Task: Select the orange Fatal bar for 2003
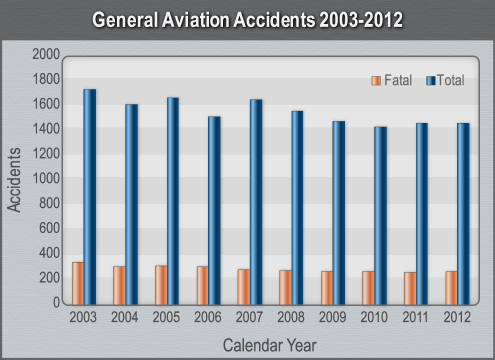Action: pos(77,283)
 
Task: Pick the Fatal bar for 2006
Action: pos(202,285)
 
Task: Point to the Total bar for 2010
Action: pos(380,215)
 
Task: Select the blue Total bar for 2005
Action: pos(172,200)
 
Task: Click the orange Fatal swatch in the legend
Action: pos(376,80)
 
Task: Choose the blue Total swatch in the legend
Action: pos(431,80)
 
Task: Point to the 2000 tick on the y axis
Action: pos(46,54)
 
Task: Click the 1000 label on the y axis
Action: pos(46,178)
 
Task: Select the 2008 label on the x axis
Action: pos(291,317)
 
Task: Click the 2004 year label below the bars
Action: pos(125,317)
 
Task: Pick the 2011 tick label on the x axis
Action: pos(415,317)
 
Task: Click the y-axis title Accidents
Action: pos(15,179)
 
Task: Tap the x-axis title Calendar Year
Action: pos(269,345)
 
